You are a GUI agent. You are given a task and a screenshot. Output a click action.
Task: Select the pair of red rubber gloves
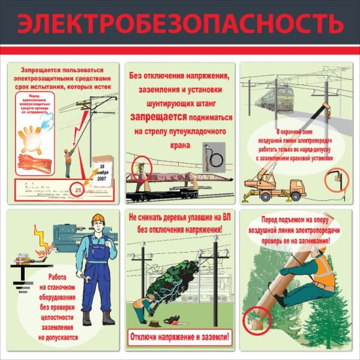(34, 161)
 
